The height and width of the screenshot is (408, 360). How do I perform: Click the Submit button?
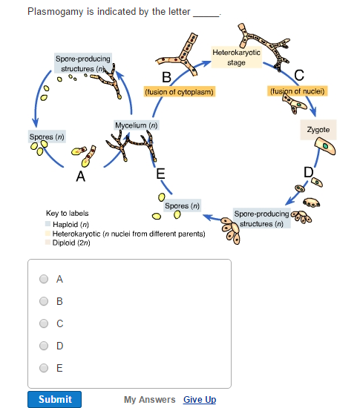tap(55, 399)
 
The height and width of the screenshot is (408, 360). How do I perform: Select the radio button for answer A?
tap(44, 280)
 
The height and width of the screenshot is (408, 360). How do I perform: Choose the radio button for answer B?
tap(44, 302)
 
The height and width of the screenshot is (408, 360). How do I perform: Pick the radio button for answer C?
tap(44, 323)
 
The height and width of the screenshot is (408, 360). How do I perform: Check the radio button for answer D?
tap(44, 346)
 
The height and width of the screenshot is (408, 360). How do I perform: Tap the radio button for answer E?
tap(44, 368)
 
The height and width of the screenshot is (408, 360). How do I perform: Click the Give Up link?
tap(200, 400)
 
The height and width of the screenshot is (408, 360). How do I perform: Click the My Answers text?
tap(149, 400)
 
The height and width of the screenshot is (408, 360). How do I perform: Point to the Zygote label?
tap(318, 130)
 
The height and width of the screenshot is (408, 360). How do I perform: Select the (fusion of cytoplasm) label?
tap(178, 91)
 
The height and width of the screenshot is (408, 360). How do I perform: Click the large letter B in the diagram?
tap(166, 77)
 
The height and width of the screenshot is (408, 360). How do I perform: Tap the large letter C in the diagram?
tap(299, 75)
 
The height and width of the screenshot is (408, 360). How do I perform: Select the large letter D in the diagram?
tap(309, 172)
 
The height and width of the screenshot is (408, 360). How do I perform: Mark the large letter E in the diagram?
tap(160, 174)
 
